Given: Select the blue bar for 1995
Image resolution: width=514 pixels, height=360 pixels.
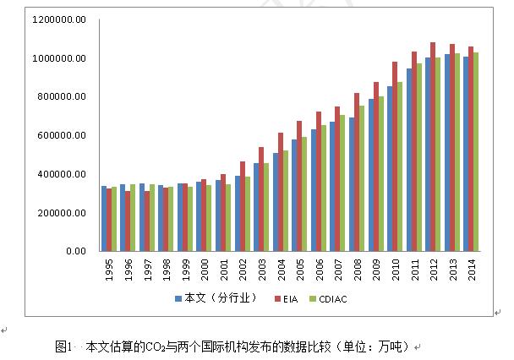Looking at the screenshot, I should pyautogui.click(x=103, y=218).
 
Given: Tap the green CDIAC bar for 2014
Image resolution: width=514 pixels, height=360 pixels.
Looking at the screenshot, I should pyautogui.click(x=476, y=151).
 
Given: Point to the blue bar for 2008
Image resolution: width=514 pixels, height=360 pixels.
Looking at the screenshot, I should pyautogui.click(x=353, y=183).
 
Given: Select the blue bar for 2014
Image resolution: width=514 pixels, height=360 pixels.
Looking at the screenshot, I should pyautogui.click(x=465, y=153).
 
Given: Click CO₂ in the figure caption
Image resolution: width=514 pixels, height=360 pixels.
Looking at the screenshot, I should pyautogui.click(x=156, y=346).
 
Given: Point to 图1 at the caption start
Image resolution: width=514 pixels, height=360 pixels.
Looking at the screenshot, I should pyautogui.click(x=64, y=346).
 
